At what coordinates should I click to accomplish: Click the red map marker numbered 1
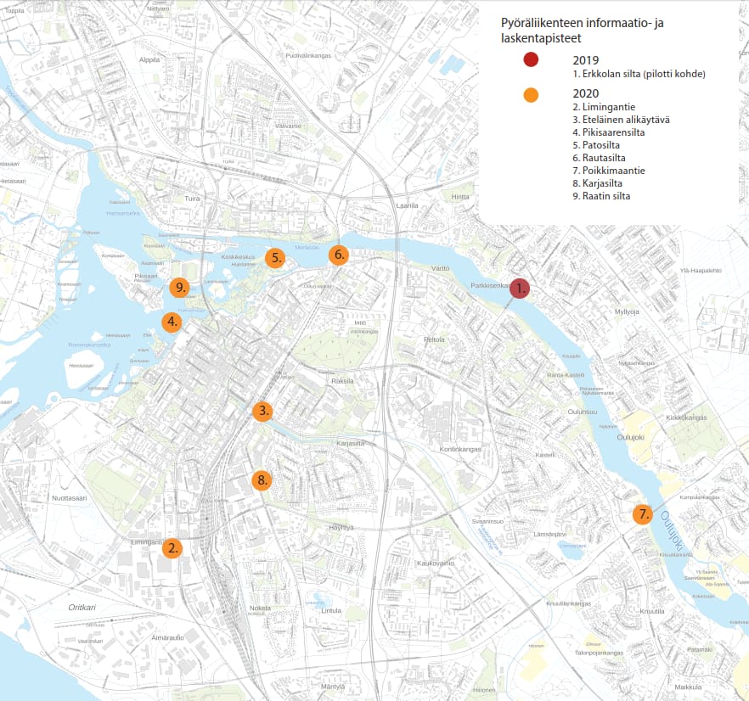pyautogui.click(x=520, y=289)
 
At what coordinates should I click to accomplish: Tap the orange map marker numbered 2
pyautogui.click(x=172, y=548)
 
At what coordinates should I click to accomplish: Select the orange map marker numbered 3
pyautogui.click(x=263, y=412)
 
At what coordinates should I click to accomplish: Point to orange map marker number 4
pyautogui.click(x=172, y=322)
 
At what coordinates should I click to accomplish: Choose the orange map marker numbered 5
pyautogui.click(x=274, y=259)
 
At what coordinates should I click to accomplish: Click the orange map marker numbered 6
pyautogui.click(x=338, y=255)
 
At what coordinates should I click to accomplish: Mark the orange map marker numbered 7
pyautogui.click(x=643, y=514)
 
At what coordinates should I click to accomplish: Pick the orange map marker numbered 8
pyautogui.click(x=262, y=480)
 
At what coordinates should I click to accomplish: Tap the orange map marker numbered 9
pyautogui.click(x=178, y=288)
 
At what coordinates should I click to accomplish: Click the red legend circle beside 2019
pyautogui.click(x=531, y=59)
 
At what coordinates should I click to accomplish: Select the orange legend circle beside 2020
pyautogui.click(x=531, y=95)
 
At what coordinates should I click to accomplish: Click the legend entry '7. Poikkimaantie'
pyautogui.click(x=609, y=171)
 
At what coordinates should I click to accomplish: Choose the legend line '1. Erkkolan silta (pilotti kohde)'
pyautogui.click(x=639, y=74)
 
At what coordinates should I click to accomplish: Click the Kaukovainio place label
pyautogui.click(x=436, y=563)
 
